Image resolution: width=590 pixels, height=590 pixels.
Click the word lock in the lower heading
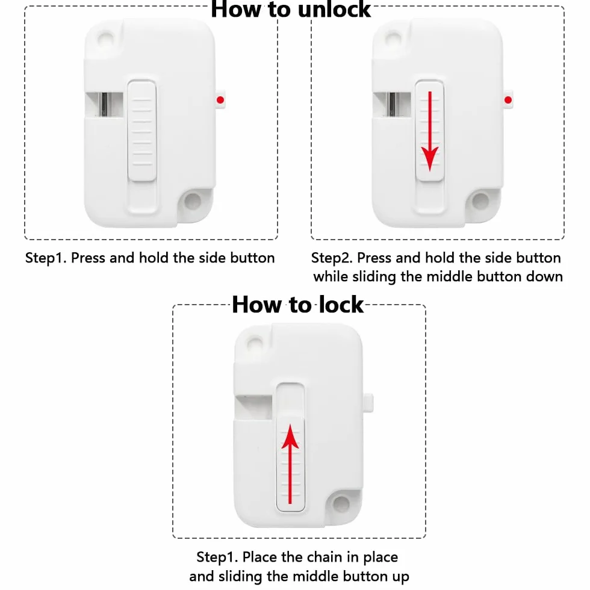click(341, 304)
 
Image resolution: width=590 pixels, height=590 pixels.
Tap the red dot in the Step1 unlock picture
click(220, 100)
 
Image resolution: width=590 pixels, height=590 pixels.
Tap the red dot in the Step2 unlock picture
click(508, 100)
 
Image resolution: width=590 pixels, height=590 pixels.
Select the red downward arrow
click(430, 131)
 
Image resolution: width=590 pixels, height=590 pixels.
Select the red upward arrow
click(290, 464)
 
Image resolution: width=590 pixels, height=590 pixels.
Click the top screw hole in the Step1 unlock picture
click(105, 39)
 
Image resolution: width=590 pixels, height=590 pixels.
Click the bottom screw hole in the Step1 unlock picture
click(193, 200)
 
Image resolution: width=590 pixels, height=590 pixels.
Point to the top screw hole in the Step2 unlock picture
click(393, 39)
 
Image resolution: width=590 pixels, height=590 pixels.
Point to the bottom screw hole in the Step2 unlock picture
click(480, 200)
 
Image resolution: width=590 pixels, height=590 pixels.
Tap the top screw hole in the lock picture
click(254, 343)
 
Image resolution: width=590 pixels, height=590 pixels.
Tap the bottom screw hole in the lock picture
click(341, 503)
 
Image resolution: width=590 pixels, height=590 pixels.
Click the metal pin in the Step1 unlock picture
click(104, 104)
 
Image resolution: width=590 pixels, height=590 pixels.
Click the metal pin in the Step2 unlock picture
click(392, 104)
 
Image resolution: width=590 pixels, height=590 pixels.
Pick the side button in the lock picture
click(368, 403)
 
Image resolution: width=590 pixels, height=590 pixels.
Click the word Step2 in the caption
click(332, 258)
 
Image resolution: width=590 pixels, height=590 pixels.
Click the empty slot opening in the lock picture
click(253, 407)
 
